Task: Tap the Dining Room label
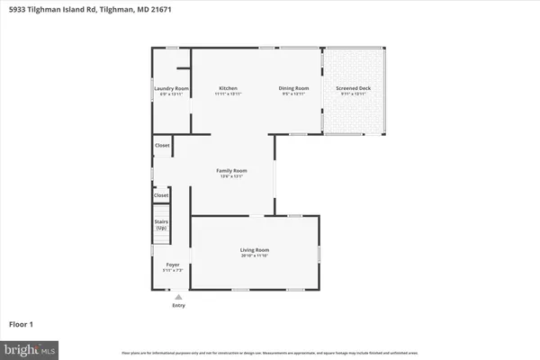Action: (294, 88)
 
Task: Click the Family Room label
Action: (231, 170)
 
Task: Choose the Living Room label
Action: (254, 249)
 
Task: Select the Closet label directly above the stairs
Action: (161, 195)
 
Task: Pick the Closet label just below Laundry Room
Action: (162, 144)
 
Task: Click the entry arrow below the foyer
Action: (178, 296)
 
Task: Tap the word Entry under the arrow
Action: (178, 306)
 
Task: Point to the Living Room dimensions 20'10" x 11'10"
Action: (254, 256)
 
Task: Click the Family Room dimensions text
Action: (231, 176)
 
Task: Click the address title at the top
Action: (88, 9)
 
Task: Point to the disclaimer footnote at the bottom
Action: (270, 351)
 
